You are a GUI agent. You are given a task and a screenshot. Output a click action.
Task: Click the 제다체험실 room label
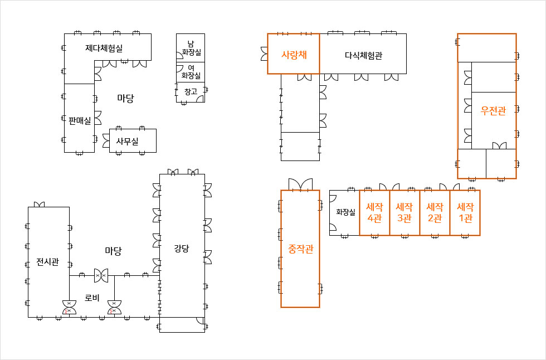(104, 48)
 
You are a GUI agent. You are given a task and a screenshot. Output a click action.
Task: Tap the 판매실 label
(80, 120)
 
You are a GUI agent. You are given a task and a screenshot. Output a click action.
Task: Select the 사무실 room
(127, 142)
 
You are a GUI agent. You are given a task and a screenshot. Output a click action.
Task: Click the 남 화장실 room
(191, 48)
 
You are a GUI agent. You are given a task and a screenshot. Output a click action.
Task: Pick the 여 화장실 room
(191, 71)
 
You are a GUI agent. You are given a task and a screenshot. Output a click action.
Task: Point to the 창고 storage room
(191, 91)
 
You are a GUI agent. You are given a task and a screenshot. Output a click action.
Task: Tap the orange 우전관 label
(493, 111)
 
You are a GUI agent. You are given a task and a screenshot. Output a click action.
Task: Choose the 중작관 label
(300, 249)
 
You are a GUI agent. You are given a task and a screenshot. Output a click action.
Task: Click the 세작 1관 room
(465, 212)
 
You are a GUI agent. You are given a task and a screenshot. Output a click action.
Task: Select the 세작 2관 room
(435, 212)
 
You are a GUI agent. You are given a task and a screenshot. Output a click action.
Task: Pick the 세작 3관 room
(404, 212)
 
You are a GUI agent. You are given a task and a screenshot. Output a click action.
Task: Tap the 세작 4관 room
(374, 212)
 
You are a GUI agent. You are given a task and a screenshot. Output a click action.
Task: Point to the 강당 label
(182, 249)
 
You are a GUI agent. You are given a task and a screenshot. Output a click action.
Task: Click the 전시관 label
(48, 262)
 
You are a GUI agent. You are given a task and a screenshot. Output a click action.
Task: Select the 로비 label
(92, 298)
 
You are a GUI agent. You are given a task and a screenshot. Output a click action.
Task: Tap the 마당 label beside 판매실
(125, 99)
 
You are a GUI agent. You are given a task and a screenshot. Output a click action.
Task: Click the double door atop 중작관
(300, 184)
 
